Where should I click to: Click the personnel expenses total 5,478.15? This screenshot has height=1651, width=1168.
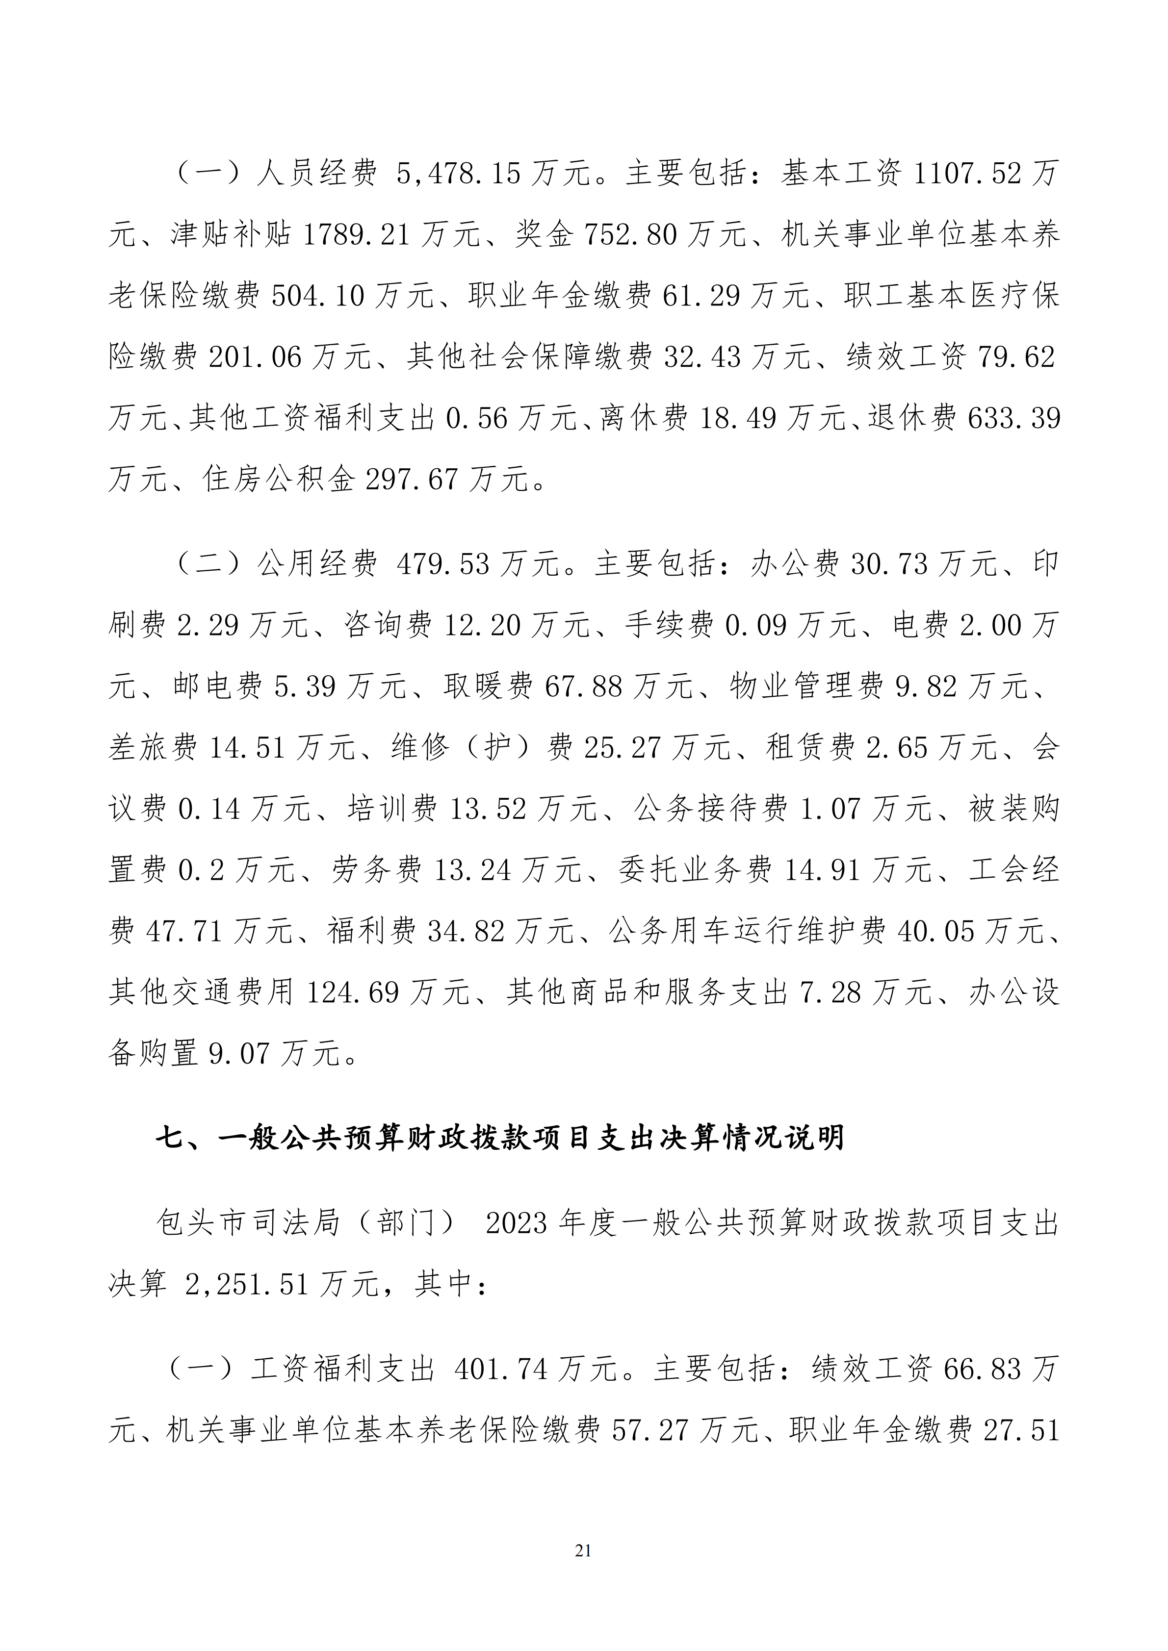[458, 175]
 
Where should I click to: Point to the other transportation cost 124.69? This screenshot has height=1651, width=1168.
[353, 993]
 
